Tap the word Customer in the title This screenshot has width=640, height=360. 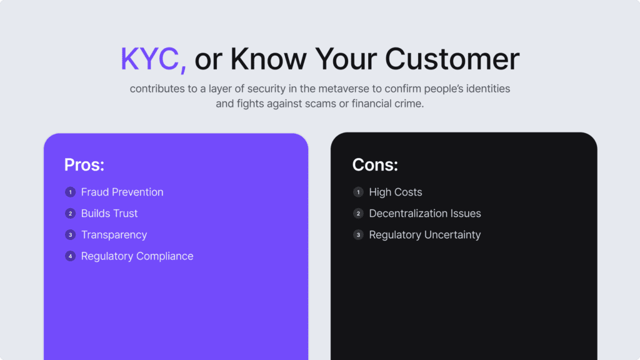[452, 59]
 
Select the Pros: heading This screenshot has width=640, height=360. [84, 165]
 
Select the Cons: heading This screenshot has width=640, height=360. [375, 165]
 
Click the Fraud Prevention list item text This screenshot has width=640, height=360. [122, 192]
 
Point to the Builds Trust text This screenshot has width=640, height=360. [109, 213]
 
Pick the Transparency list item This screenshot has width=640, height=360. [114, 234]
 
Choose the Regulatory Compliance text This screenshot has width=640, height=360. [137, 256]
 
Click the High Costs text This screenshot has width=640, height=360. [396, 192]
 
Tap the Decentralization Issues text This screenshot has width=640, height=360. [425, 213]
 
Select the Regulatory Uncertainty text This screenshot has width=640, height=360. [425, 234]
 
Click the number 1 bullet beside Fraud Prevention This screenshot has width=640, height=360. [70, 192]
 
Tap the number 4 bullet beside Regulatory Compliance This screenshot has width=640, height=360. [70, 256]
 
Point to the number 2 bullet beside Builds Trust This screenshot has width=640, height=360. [70, 213]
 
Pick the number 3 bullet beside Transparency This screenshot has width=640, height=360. [70, 234]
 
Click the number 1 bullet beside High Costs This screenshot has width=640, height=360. [358, 192]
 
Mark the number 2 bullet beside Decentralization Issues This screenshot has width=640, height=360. [358, 213]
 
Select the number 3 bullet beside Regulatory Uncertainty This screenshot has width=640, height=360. [358, 234]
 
